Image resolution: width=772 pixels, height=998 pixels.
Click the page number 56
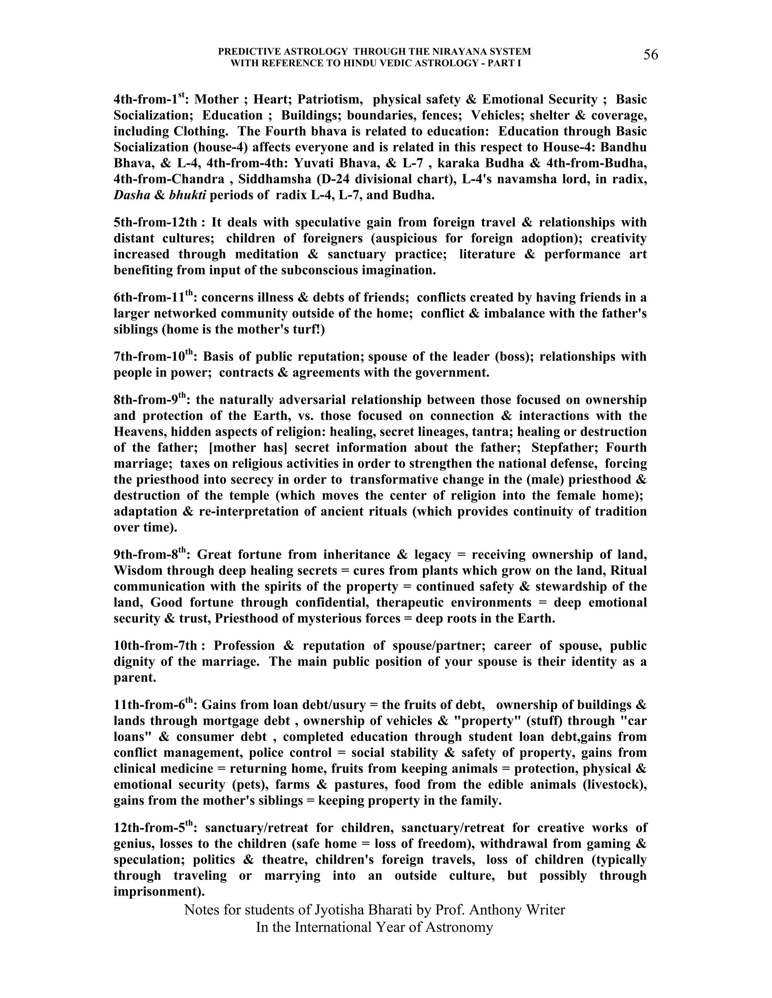click(651, 55)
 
